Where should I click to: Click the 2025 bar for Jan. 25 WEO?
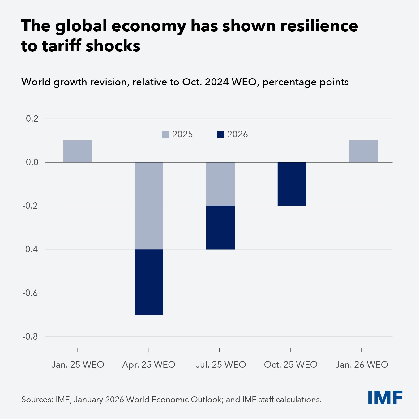coord(77,151)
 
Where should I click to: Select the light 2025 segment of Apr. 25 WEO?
coord(149,206)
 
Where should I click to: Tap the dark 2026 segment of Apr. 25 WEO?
coord(149,282)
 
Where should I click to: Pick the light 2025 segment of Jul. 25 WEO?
coord(220,184)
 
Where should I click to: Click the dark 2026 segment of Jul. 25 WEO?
coord(220,227)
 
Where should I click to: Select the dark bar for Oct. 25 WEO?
coord(292,184)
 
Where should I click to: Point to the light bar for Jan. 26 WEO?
coord(363,151)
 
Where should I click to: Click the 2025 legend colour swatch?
coord(165,135)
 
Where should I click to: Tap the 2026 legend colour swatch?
coord(220,135)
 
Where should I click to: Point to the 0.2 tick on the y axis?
coord(32,118)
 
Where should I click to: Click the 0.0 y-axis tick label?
coord(32,162)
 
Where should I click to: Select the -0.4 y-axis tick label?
coord(30,249)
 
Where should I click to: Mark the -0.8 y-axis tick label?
coord(30,336)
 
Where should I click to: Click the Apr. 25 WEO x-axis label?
coord(149,365)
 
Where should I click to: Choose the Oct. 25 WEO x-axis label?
coord(291,365)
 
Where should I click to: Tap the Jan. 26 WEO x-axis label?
coord(362,365)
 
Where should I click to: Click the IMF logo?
coord(385,398)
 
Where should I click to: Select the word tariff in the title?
coord(62,46)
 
